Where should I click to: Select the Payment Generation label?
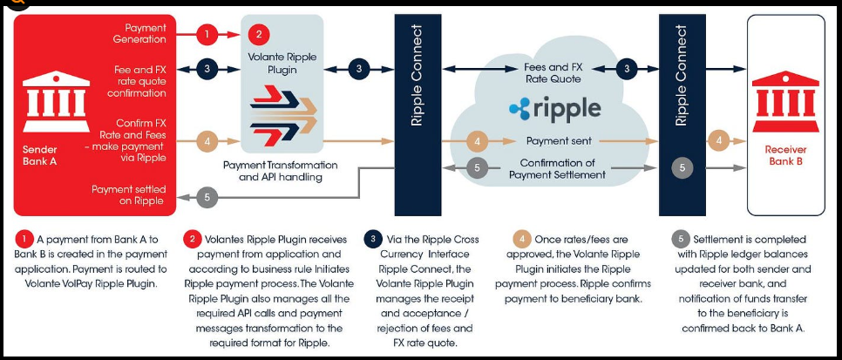point(139,34)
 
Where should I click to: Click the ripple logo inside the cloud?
point(554,109)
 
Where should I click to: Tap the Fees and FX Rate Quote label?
point(553,72)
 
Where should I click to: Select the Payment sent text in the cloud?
point(559,140)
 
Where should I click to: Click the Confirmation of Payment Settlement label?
point(559,169)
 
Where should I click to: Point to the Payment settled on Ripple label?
point(128,195)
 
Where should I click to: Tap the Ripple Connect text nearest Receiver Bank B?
point(682,76)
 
